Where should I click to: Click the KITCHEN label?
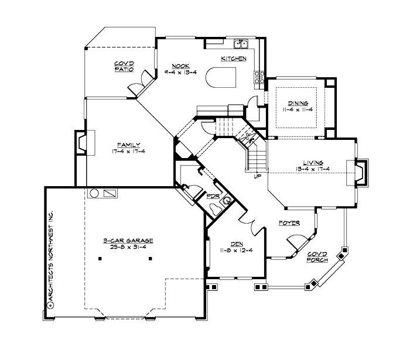[233, 59]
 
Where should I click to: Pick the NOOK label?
[180, 66]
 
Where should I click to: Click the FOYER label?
[289, 223]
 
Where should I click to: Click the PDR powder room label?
[212, 196]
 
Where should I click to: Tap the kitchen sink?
[241, 44]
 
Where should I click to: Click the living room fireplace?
[361, 173]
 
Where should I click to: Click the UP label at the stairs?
[257, 176]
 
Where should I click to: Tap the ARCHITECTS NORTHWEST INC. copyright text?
[51, 258]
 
